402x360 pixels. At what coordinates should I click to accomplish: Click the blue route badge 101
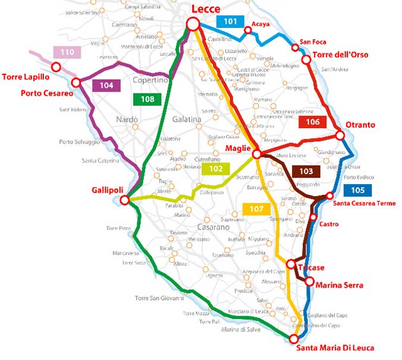(x=230, y=21)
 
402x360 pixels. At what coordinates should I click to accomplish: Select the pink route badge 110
(x=67, y=52)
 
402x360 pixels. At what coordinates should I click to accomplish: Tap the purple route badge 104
(x=106, y=85)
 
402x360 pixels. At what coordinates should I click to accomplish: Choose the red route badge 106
(x=313, y=122)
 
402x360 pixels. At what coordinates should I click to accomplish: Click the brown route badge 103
(x=306, y=171)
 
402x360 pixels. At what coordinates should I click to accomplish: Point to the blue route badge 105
(x=357, y=191)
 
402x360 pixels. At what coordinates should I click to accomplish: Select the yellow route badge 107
(x=257, y=209)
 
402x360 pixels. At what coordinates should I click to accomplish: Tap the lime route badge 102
(x=216, y=169)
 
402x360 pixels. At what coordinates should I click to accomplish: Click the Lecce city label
(x=206, y=9)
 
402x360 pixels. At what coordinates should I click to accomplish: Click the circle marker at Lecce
(x=193, y=24)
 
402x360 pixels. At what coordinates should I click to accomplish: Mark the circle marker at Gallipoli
(x=125, y=200)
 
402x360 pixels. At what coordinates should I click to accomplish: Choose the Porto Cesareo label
(x=47, y=93)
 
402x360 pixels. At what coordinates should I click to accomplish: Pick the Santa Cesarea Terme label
(x=364, y=204)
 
